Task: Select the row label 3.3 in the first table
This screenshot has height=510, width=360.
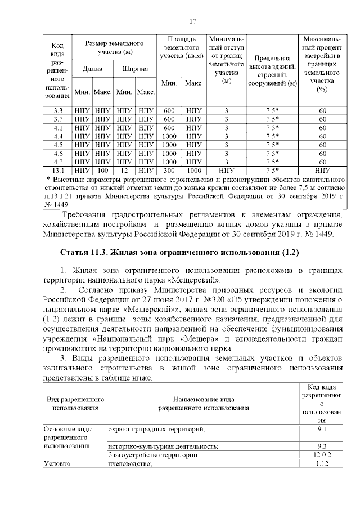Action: [57, 110]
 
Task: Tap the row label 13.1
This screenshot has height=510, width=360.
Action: [57, 169]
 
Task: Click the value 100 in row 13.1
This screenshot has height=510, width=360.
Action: [102, 169]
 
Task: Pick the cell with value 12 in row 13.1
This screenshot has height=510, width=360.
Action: [124, 169]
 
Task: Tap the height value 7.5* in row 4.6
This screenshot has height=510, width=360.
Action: [272, 153]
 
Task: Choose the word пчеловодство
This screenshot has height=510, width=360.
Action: [130, 463]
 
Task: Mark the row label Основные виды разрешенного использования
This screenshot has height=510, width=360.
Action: [66, 437]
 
